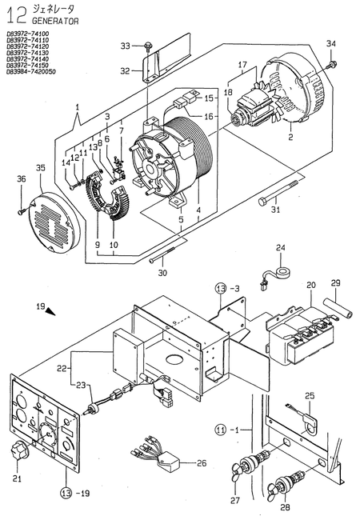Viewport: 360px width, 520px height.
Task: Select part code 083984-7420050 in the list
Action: click(32, 73)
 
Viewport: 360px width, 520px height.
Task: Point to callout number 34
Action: click(331, 42)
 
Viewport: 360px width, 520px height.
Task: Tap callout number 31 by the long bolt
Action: click(275, 210)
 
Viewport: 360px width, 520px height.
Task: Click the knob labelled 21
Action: click(16, 455)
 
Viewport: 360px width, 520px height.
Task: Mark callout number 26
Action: click(201, 462)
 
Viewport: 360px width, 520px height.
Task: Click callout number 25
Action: click(310, 395)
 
